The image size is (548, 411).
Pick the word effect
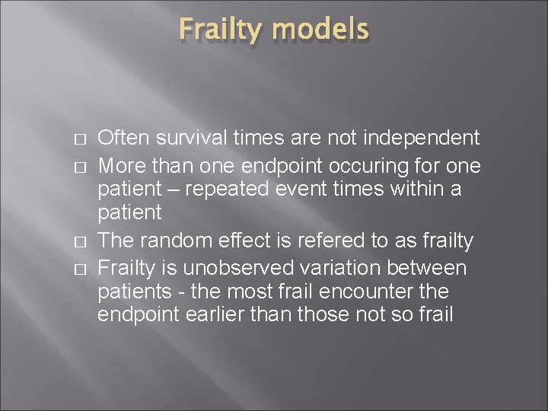tap(246, 241)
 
